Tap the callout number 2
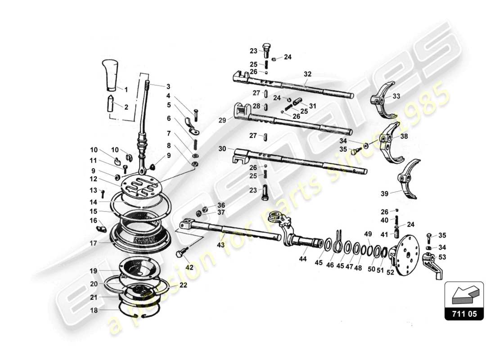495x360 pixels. click(126, 107)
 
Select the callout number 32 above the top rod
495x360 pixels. click(307, 74)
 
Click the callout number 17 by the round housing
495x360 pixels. click(93, 243)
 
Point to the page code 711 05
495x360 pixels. click(464, 314)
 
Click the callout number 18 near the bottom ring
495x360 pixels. click(93, 310)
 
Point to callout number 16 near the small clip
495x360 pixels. click(93, 220)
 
